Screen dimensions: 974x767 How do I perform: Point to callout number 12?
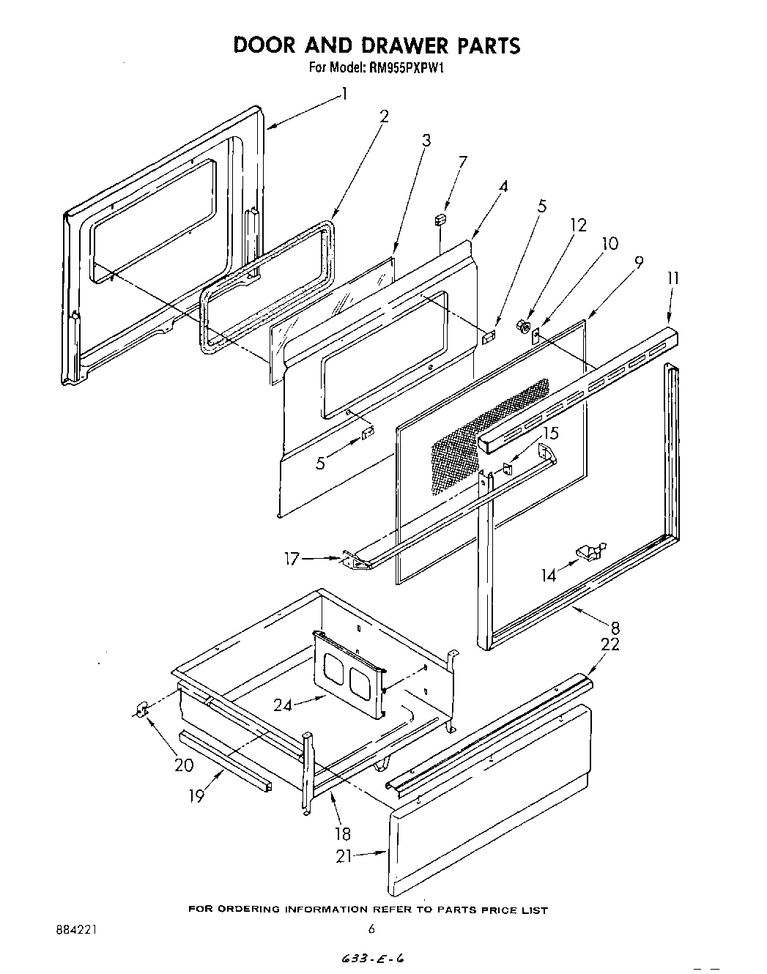click(x=578, y=225)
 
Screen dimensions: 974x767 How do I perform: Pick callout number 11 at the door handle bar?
click(x=672, y=278)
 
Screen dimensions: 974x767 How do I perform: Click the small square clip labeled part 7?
click(x=440, y=219)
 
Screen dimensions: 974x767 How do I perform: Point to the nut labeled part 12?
click(x=523, y=324)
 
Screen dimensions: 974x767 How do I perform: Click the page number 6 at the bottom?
click(x=372, y=929)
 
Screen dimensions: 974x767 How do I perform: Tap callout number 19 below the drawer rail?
click(x=197, y=795)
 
